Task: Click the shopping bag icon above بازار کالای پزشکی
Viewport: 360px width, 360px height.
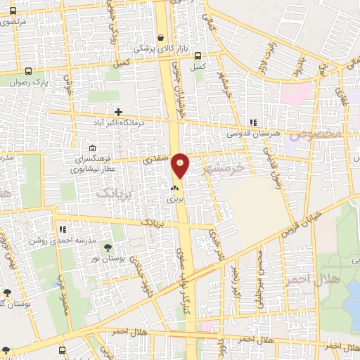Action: click(161, 38)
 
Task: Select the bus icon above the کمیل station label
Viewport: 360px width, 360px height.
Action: click(198, 56)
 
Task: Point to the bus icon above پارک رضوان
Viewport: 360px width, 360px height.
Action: click(29, 71)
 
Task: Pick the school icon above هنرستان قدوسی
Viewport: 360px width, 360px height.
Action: click(252, 122)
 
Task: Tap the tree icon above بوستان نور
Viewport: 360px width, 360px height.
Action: click(108, 247)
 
